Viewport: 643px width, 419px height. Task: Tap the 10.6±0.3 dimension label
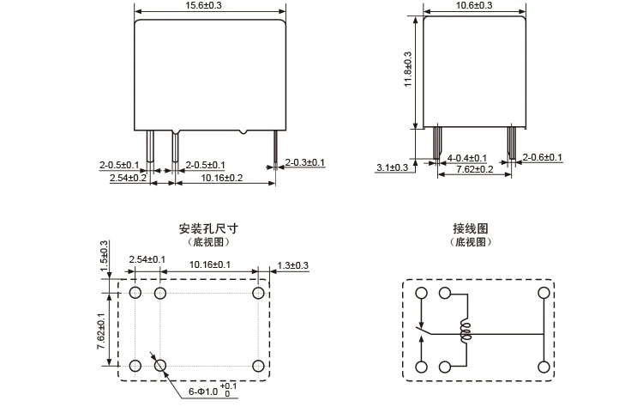coord(473,6)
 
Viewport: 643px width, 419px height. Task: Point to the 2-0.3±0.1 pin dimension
coord(305,162)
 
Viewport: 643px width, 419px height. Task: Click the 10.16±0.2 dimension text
coord(222,178)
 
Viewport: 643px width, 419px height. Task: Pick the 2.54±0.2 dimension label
coord(128,178)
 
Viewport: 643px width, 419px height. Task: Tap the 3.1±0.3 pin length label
coord(393,167)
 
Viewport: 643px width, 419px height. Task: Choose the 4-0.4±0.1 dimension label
coord(467,158)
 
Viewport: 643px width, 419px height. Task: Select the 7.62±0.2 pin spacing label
coord(473,169)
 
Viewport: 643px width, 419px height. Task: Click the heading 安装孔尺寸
coord(208,229)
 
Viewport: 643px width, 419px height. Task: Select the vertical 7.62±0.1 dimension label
coord(101,328)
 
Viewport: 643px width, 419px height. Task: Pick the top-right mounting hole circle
coord(258,294)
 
